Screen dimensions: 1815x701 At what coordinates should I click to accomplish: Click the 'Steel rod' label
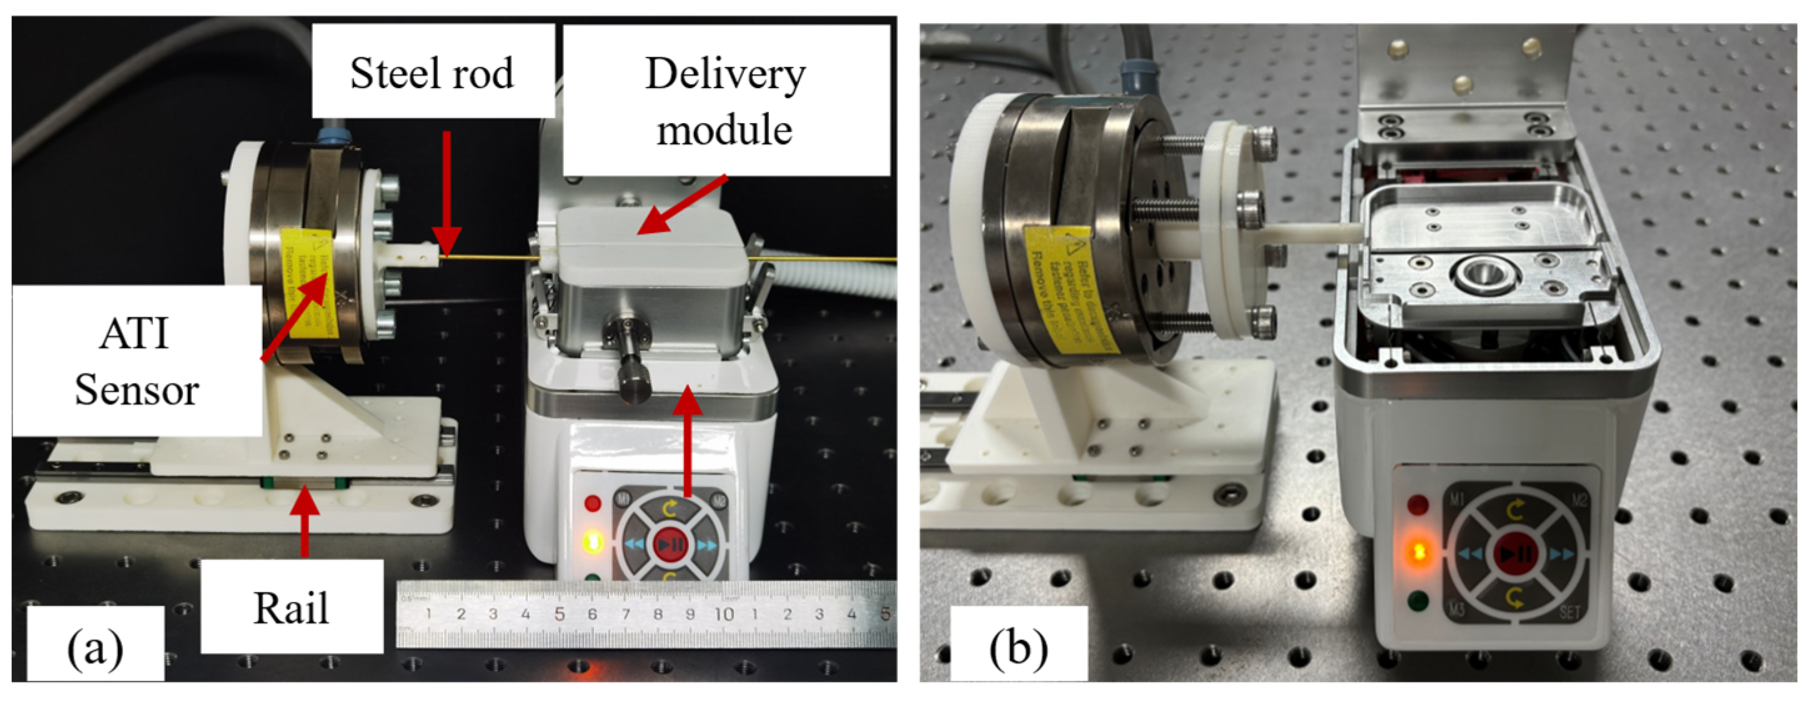pyautogui.click(x=432, y=72)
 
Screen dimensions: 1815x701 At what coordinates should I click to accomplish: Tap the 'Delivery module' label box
pyautogui.click(x=725, y=101)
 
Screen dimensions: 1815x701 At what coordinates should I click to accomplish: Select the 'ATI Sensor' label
pyautogui.click(x=137, y=360)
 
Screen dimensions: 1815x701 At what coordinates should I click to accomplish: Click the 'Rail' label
pyautogui.click(x=291, y=607)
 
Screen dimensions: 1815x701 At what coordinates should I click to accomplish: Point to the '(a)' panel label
pyautogui.click(x=94, y=648)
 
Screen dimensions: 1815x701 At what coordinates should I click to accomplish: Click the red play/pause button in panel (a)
pyautogui.click(x=670, y=544)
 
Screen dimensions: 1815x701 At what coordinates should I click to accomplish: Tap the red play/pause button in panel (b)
pyautogui.click(x=1515, y=554)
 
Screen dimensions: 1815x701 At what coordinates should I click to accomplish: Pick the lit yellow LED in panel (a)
pyautogui.click(x=593, y=542)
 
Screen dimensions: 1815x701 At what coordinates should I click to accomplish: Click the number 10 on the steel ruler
pyautogui.click(x=724, y=614)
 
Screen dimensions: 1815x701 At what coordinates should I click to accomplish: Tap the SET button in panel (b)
pyautogui.click(x=1570, y=612)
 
